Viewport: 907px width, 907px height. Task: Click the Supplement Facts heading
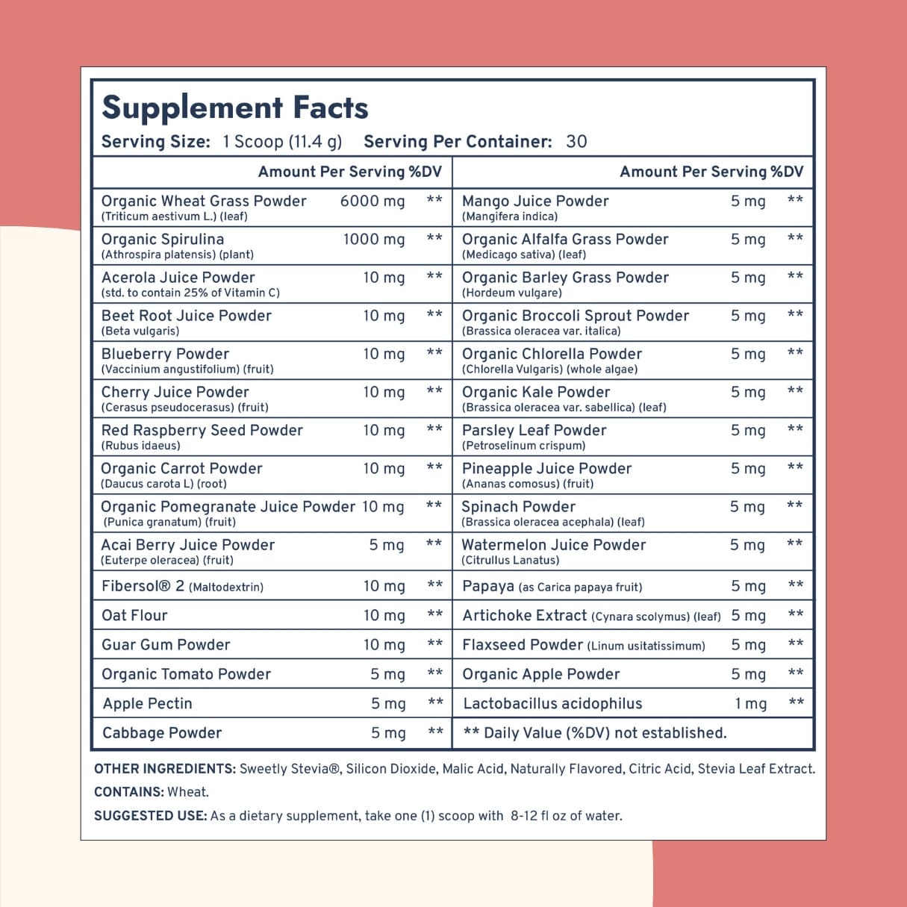[x=234, y=107]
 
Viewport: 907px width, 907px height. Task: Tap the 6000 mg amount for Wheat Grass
[x=373, y=201]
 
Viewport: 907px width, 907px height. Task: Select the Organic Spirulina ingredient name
[x=163, y=239]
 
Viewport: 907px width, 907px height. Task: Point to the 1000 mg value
[x=374, y=239]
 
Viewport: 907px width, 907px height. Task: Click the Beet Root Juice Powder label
[x=187, y=316]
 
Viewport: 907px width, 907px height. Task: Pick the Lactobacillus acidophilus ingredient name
[x=552, y=703]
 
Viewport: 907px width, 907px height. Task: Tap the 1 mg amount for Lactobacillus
[x=751, y=703]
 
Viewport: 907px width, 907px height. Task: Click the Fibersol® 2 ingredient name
[x=143, y=586]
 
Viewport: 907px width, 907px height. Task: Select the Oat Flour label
[x=134, y=615]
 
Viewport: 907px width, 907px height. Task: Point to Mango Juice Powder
[x=535, y=201]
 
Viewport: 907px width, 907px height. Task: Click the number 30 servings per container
[x=576, y=142]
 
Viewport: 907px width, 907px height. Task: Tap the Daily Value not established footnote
[x=595, y=733]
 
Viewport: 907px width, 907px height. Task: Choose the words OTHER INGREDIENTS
[x=164, y=769]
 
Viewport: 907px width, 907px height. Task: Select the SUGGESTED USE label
[x=150, y=816]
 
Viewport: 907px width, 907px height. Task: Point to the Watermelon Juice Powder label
[x=553, y=545]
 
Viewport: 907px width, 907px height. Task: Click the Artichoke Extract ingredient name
[x=524, y=615]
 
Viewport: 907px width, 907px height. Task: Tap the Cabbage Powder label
[x=162, y=733]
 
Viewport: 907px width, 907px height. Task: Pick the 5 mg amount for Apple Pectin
[x=388, y=703]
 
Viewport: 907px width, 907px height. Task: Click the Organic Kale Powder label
[x=536, y=392]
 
